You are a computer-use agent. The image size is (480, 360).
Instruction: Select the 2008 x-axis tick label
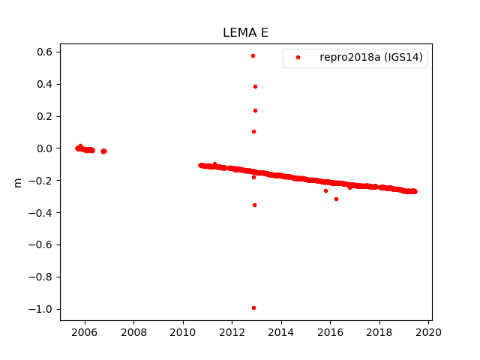(133, 333)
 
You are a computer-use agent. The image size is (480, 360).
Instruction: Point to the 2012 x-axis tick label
(232, 333)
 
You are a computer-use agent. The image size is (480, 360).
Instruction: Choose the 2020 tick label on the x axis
(428, 333)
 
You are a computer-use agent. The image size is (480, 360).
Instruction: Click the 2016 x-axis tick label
(330, 333)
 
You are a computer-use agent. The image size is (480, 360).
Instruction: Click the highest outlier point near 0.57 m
(253, 55)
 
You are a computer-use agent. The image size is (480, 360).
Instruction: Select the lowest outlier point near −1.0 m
(253, 307)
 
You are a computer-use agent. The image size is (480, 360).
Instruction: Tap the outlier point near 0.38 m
(255, 86)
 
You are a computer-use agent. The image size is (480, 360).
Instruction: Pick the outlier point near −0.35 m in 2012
(254, 205)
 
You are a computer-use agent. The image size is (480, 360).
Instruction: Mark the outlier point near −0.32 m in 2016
(336, 199)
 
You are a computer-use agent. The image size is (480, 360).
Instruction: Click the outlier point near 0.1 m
(253, 131)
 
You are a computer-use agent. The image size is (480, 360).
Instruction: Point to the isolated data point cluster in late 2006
(103, 151)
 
